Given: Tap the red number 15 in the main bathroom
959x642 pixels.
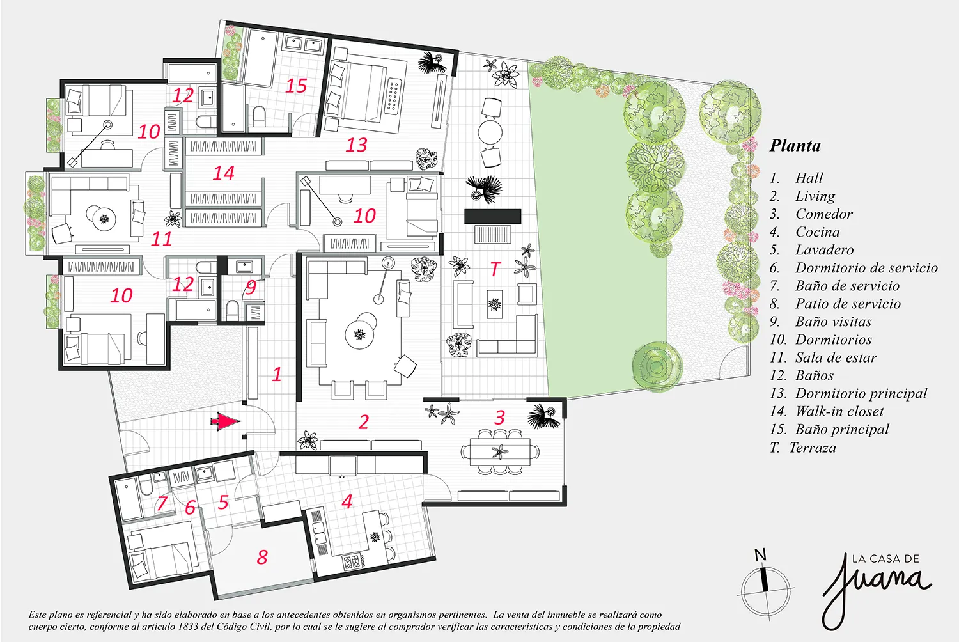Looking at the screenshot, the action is point(296,86).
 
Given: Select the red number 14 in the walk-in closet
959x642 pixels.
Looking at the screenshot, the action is point(224,173).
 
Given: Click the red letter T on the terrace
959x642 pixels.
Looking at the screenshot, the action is point(495,269).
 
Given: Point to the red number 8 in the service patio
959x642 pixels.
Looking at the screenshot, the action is point(262,557).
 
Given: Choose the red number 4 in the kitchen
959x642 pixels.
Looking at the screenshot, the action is point(347,501).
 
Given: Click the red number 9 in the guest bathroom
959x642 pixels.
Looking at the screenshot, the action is point(251,287).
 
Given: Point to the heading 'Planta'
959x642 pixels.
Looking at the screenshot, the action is point(795,146).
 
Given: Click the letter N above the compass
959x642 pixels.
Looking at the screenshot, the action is point(760,556).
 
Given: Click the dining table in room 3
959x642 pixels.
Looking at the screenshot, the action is point(500,451).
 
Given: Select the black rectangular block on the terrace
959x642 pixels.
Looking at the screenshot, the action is point(493,216).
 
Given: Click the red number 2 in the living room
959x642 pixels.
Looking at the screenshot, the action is point(364,422).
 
